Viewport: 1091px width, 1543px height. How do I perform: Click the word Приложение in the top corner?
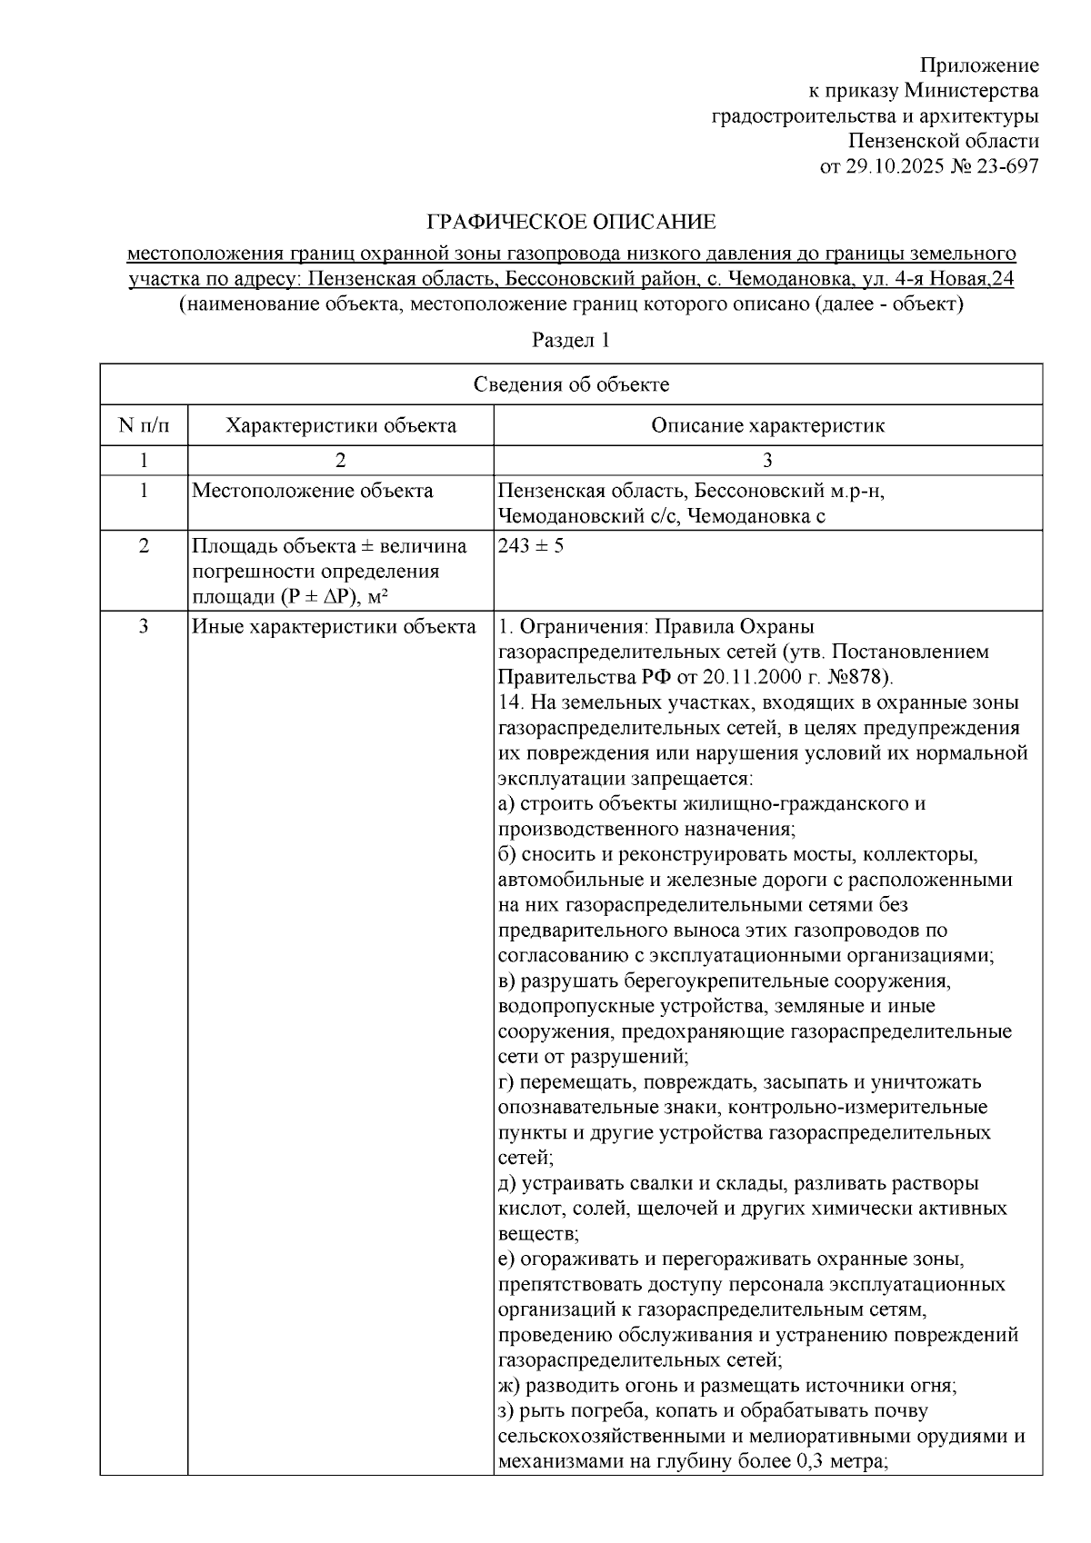click(979, 65)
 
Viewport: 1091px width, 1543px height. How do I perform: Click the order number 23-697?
click(1006, 166)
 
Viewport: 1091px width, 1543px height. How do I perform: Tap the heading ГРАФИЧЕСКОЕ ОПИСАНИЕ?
click(572, 222)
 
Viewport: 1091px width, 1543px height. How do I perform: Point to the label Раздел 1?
click(570, 341)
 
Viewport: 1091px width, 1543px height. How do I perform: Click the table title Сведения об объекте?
click(571, 384)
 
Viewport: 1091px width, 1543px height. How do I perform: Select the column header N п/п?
click(144, 425)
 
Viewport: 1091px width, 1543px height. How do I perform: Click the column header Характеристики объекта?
click(341, 425)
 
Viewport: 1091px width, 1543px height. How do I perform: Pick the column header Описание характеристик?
click(767, 425)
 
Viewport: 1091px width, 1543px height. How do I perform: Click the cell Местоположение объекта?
click(313, 492)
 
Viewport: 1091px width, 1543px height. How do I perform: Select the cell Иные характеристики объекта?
click(334, 627)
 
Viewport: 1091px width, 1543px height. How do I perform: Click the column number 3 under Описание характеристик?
click(767, 459)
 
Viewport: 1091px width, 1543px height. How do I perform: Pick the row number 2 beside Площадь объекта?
click(144, 546)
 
